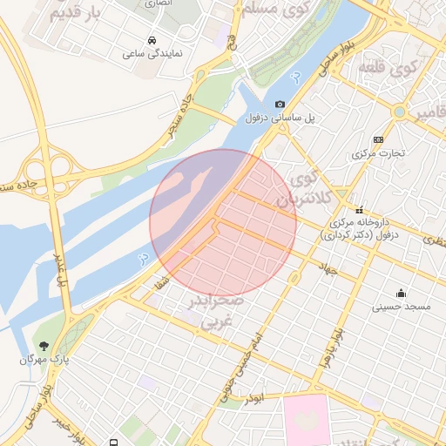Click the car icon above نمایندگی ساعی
click(152, 41)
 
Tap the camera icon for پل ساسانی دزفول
click(280, 104)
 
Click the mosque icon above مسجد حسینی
click(401, 293)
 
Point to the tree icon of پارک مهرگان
click(44, 346)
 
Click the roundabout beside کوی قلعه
click(400, 111)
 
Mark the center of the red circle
click(223, 222)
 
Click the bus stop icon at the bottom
click(114, 442)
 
